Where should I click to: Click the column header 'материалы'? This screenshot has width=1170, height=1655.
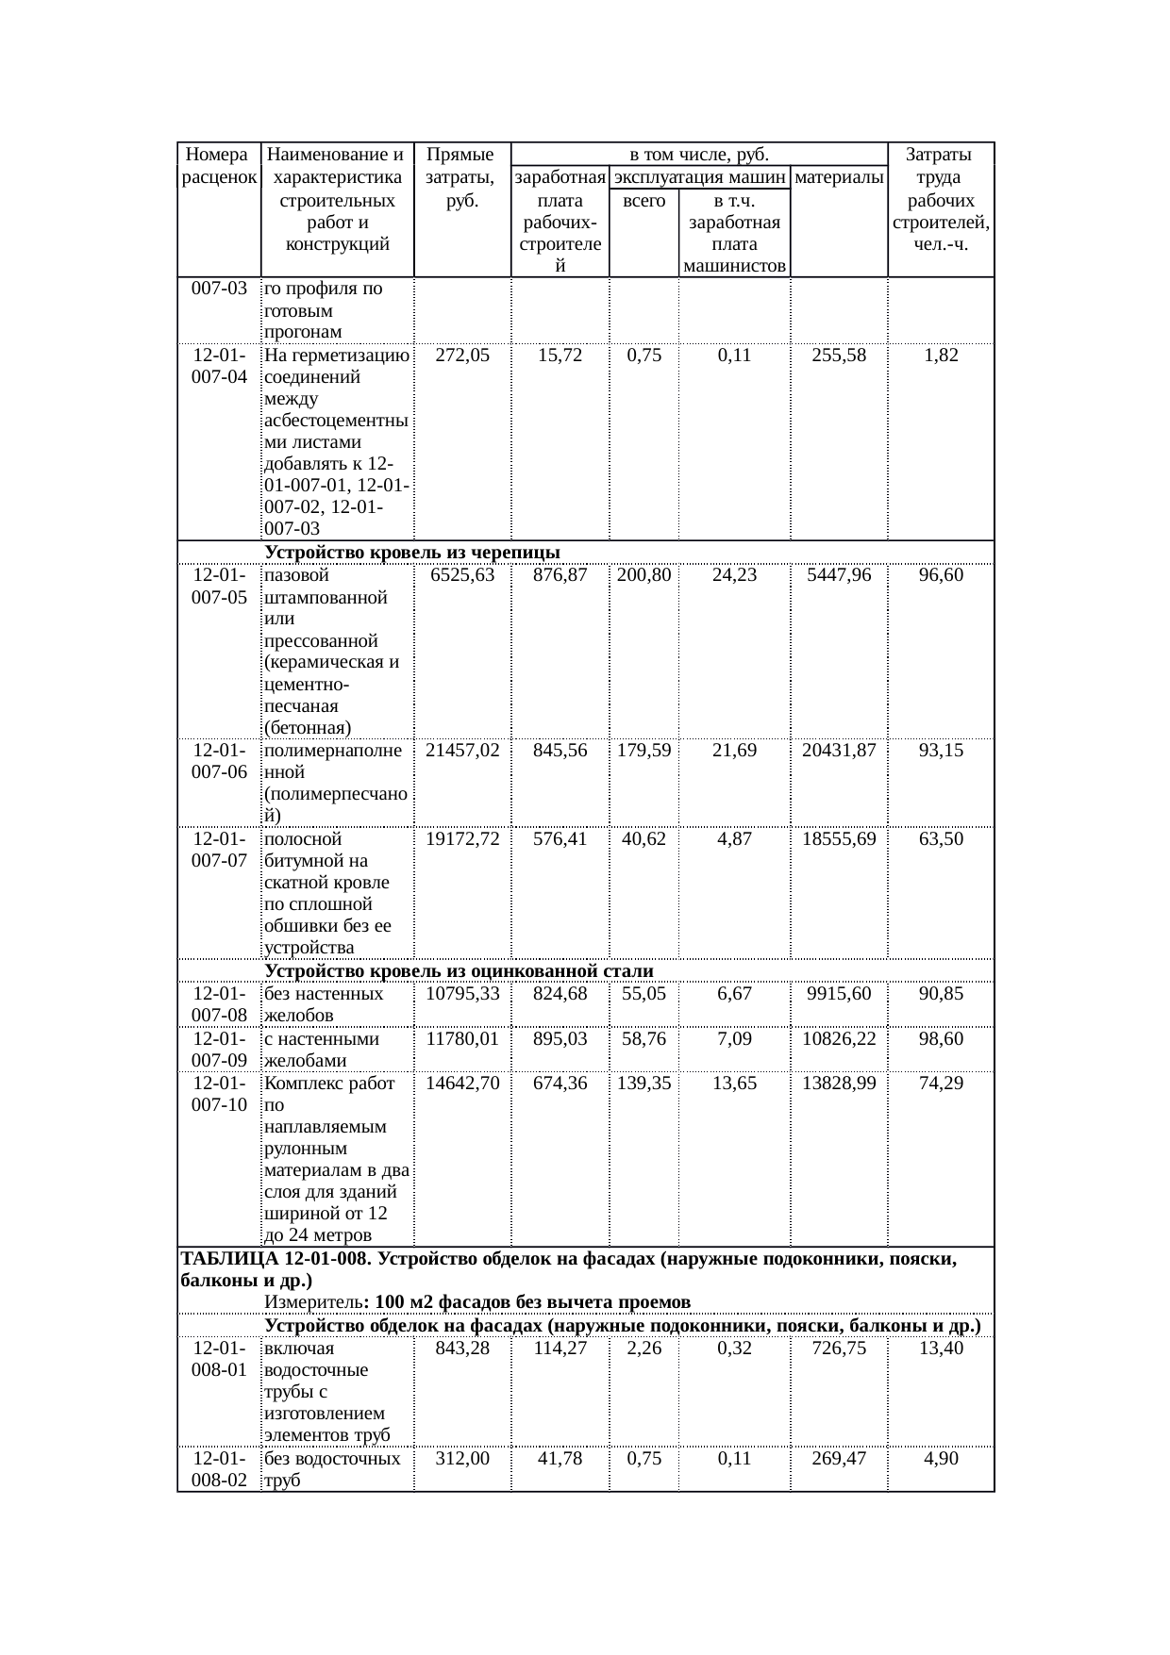(x=839, y=177)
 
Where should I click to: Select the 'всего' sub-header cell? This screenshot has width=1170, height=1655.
(x=644, y=201)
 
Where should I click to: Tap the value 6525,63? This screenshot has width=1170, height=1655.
(x=462, y=575)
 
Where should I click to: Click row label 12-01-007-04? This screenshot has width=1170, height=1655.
(x=220, y=366)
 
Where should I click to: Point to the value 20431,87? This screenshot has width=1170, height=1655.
(x=839, y=751)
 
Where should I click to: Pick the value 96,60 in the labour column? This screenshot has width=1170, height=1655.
(x=941, y=575)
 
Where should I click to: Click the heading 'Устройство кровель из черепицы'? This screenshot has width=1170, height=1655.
(x=412, y=552)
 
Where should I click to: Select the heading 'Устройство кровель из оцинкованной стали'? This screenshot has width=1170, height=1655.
(x=459, y=971)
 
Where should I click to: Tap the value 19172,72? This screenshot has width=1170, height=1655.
(x=462, y=839)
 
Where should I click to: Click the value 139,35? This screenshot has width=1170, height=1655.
(x=644, y=1084)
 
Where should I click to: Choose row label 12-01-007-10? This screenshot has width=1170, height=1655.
(x=220, y=1094)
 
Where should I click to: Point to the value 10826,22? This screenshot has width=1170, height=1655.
(x=839, y=1039)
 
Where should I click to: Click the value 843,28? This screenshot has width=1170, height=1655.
(x=462, y=1349)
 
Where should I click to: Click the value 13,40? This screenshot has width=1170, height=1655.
(x=941, y=1349)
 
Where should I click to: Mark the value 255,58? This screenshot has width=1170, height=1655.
(x=839, y=356)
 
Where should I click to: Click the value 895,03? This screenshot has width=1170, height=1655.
(x=560, y=1039)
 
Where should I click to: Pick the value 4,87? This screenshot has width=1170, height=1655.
(x=734, y=839)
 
